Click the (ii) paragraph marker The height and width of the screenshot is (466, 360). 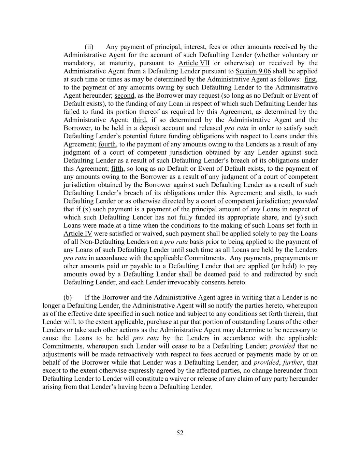(x=89, y=47)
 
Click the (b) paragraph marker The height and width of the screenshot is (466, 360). (x=68, y=297)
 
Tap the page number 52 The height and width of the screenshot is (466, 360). (x=180, y=433)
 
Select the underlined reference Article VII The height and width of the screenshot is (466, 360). (x=194, y=63)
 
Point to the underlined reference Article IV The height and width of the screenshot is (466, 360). (x=78, y=234)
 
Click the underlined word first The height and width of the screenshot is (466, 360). (x=310, y=80)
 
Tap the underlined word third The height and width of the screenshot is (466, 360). (x=139, y=120)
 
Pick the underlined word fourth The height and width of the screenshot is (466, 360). (x=107, y=144)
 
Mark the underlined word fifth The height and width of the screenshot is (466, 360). (x=117, y=169)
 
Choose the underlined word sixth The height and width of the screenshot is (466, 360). (x=285, y=193)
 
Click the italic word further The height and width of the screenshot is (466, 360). (x=293, y=362)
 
